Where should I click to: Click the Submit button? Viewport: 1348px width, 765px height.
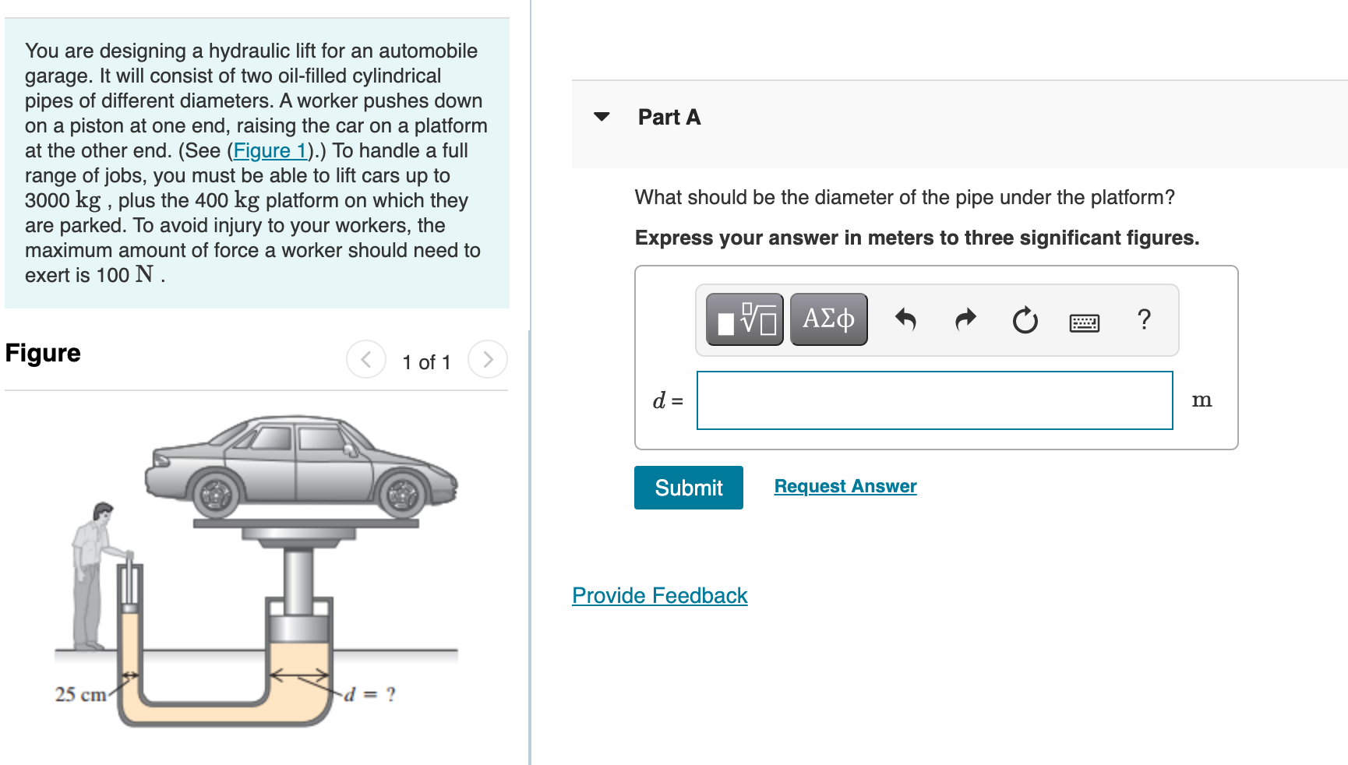pyautogui.click(x=688, y=488)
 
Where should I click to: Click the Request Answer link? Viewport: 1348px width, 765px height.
pyautogui.click(x=845, y=486)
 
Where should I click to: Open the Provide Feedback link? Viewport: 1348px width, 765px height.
pyautogui.click(x=659, y=595)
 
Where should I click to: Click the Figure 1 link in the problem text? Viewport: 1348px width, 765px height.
pyautogui.click(x=270, y=150)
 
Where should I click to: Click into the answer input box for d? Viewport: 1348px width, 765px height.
pyautogui.click(x=934, y=400)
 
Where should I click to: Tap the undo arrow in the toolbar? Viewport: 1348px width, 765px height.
pyautogui.click(x=905, y=319)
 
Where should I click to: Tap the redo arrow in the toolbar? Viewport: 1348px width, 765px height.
pyautogui.click(x=965, y=319)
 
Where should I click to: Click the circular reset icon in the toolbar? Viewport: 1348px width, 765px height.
pyautogui.click(x=1025, y=319)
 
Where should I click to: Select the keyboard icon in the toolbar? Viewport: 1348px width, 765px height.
pyautogui.click(x=1084, y=322)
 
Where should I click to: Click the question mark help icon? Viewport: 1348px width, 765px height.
pyautogui.click(x=1143, y=319)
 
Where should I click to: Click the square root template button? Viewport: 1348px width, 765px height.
pyautogui.click(x=745, y=319)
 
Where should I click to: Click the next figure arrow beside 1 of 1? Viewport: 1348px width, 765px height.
pyautogui.click(x=488, y=359)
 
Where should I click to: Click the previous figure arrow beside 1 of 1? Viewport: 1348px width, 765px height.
pyautogui.click(x=366, y=359)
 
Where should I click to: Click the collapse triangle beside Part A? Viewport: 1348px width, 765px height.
pyautogui.click(x=602, y=117)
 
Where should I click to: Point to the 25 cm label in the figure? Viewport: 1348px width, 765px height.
pyautogui.click(x=79, y=694)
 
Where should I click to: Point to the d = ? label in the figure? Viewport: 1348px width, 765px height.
pyautogui.click(x=370, y=693)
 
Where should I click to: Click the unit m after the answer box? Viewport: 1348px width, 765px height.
pyautogui.click(x=1202, y=400)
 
